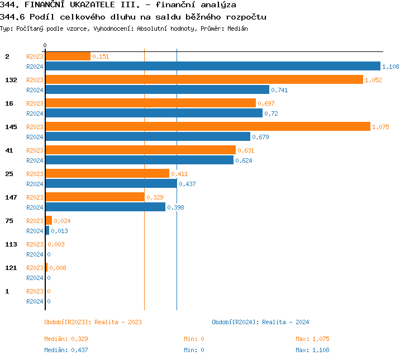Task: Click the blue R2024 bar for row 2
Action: click(x=212, y=66)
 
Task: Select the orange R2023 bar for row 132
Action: click(x=204, y=79)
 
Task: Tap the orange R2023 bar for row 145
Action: click(x=207, y=126)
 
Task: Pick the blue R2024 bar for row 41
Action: click(x=139, y=160)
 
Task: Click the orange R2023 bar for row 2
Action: click(x=68, y=56)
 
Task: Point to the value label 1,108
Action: click(x=391, y=67)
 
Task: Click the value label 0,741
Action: click(x=279, y=90)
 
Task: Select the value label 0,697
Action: click(x=266, y=103)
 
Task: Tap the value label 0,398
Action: click(x=175, y=207)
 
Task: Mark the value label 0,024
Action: click(x=62, y=221)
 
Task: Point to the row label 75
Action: click(x=9, y=221)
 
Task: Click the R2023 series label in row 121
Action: click(x=35, y=268)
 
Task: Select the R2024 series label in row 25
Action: click(x=35, y=184)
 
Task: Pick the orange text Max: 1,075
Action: click(x=312, y=339)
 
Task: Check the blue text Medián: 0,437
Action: click(x=66, y=350)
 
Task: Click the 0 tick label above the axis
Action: click(x=45, y=45)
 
